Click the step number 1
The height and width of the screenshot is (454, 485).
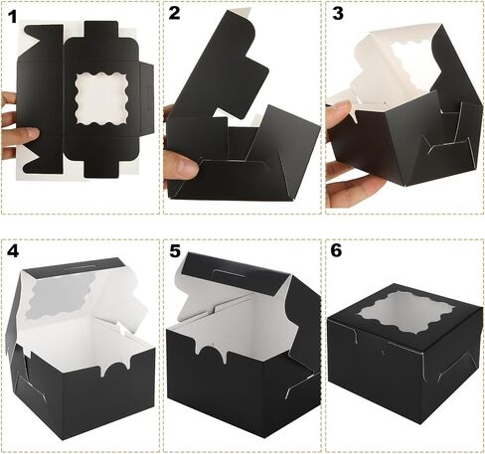[12, 17]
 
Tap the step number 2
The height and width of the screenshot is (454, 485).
[174, 14]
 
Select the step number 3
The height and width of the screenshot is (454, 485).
[338, 14]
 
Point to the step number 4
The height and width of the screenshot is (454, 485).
[13, 251]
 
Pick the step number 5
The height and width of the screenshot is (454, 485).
[175, 251]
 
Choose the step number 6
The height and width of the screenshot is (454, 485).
[336, 250]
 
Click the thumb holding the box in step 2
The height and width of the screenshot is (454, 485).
[182, 167]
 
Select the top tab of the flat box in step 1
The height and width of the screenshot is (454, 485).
[101, 30]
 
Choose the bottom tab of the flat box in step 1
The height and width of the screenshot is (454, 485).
[101, 169]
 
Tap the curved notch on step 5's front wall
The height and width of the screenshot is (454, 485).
[211, 352]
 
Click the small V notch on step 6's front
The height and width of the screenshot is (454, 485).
[384, 352]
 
